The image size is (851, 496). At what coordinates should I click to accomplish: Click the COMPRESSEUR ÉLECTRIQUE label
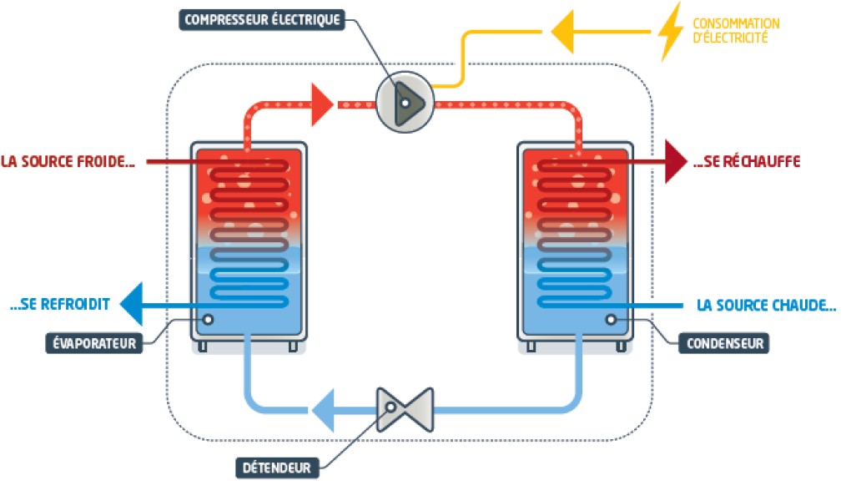tap(262, 20)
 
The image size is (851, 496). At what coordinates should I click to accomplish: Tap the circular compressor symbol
tap(405, 102)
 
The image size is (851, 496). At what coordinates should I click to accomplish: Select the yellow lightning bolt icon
tap(670, 32)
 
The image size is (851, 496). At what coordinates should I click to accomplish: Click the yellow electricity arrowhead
tap(562, 32)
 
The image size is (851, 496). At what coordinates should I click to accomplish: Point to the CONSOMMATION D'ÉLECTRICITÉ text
tap(736, 30)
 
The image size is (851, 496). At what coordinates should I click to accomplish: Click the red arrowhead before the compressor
tap(322, 104)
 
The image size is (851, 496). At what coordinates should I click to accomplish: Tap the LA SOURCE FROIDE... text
tap(68, 161)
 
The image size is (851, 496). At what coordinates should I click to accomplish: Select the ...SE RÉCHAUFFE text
tap(747, 161)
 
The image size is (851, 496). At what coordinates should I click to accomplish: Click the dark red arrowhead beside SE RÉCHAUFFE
tap(677, 161)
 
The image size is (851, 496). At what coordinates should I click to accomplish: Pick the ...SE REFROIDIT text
tap(60, 304)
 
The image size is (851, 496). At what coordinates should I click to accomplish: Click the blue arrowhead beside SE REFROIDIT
tap(131, 304)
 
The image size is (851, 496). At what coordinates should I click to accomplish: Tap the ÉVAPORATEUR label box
tap(94, 343)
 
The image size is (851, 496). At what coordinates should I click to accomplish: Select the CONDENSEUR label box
tap(724, 343)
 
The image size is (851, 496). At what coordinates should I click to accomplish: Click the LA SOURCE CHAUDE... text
tap(767, 306)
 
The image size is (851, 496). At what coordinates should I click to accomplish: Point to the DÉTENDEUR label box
tap(277, 468)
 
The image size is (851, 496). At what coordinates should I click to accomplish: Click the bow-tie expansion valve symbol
tap(405, 410)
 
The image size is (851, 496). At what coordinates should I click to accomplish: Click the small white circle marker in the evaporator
tap(208, 320)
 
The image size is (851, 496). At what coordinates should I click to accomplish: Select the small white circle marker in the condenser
tap(611, 320)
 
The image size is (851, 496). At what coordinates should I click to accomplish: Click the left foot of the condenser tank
tap(531, 347)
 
